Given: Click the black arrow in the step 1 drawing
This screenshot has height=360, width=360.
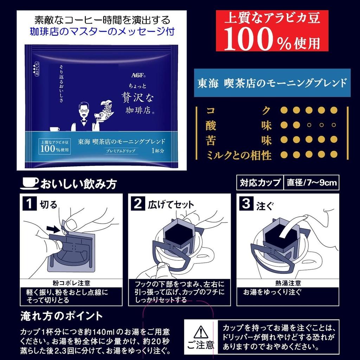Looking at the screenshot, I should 54,229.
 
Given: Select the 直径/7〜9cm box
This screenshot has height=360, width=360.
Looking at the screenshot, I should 311,182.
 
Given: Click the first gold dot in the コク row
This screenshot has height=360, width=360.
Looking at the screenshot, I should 284,110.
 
